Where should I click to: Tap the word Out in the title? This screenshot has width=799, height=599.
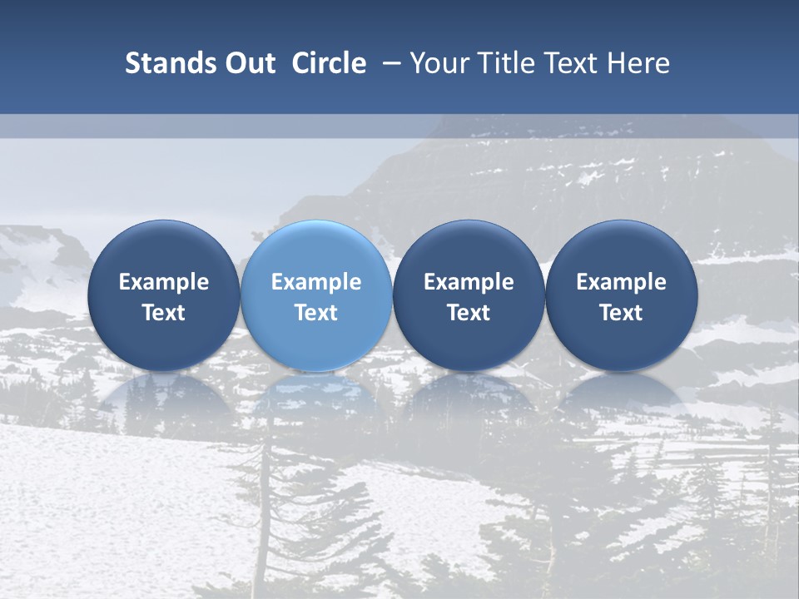click(247, 63)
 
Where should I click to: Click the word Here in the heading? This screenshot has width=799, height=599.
click(639, 63)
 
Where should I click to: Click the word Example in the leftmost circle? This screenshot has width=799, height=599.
click(163, 282)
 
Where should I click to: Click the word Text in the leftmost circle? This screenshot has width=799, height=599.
click(163, 313)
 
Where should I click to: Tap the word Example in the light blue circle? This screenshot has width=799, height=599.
click(315, 282)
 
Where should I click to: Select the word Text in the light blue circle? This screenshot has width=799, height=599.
click(315, 313)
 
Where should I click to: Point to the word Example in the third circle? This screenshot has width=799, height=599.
click(469, 282)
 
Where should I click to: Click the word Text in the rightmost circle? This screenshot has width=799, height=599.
click(621, 313)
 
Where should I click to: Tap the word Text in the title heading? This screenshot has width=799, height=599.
click(576, 63)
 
